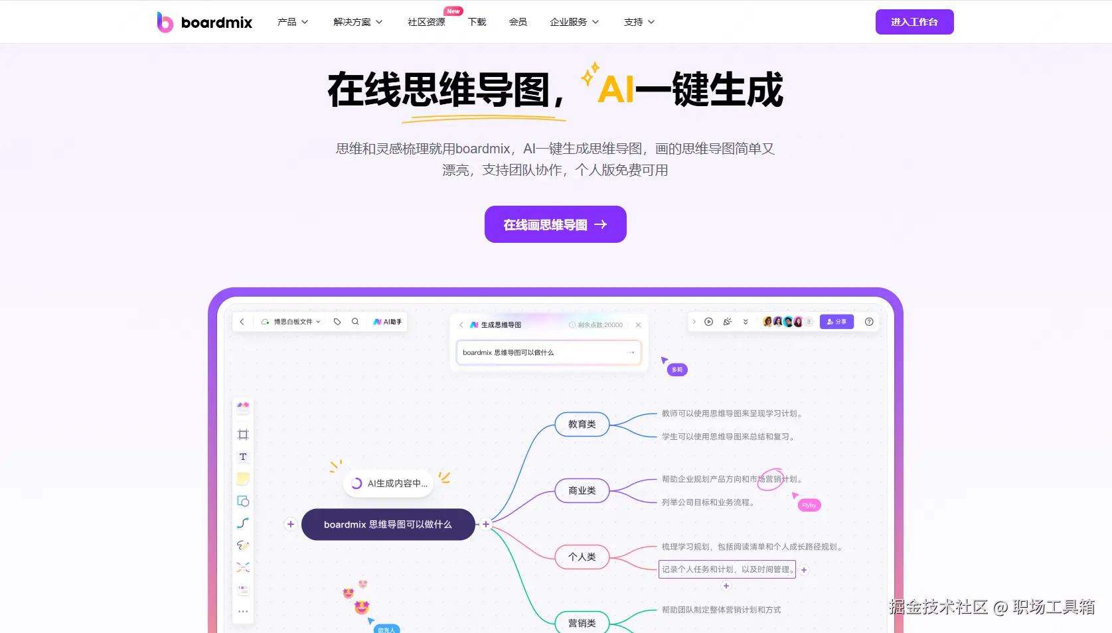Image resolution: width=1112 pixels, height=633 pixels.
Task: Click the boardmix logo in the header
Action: (204, 23)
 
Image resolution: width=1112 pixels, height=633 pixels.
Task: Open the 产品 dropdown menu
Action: (292, 22)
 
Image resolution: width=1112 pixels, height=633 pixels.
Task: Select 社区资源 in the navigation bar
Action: (426, 22)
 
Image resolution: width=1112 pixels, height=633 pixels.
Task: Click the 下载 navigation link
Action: (477, 22)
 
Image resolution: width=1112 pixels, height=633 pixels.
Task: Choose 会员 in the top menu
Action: (518, 22)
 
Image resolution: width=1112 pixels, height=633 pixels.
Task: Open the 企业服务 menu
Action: (574, 22)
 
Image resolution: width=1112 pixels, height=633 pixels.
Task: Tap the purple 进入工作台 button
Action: (914, 22)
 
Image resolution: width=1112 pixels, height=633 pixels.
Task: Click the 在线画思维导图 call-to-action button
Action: (555, 224)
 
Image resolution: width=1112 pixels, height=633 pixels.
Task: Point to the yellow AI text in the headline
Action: (615, 90)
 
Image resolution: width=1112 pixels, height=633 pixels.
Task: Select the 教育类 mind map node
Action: (582, 424)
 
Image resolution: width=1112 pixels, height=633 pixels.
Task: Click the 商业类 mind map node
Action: (582, 490)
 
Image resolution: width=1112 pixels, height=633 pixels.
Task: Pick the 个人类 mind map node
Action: (582, 557)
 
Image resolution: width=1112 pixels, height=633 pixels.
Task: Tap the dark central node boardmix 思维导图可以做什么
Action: (388, 524)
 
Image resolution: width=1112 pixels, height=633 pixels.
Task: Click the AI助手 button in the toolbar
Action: (388, 322)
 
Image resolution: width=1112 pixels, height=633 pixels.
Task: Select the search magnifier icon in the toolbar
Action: (355, 322)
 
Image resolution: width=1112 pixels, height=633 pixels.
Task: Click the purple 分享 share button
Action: (836, 322)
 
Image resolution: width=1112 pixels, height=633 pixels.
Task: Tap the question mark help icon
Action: (869, 322)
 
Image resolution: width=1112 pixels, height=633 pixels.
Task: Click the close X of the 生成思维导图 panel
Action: (638, 325)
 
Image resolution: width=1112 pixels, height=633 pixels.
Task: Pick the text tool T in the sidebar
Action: (243, 457)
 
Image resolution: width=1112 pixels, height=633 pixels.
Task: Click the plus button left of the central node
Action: (290, 524)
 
